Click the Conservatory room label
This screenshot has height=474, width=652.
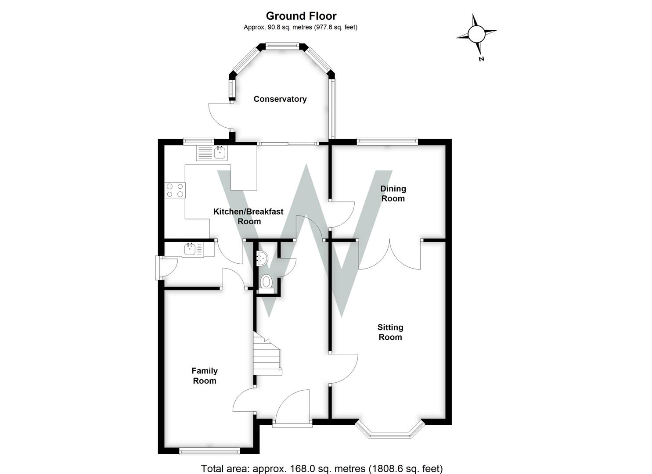[280, 99]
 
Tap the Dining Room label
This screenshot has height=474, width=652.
[393, 194]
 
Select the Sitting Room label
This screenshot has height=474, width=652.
[390, 332]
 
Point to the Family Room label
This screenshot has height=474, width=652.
[205, 376]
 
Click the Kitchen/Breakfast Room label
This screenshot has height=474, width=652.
[249, 216]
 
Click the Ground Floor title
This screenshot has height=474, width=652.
[301, 16]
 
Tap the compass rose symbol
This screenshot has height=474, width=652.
[476, 34]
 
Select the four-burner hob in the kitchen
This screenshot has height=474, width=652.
[175, 190]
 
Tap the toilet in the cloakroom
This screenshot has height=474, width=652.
[266, 282]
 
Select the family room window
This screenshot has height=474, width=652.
[209, 451]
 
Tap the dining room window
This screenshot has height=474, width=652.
[387, 141]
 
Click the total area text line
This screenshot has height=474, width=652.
[322, 468]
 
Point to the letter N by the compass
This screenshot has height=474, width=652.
[482, 59]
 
